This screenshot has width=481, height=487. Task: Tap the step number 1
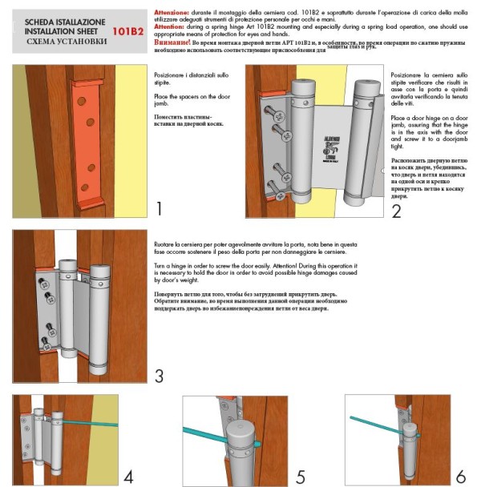[x=159, y=210]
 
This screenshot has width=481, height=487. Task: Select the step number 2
[x=395, y=211]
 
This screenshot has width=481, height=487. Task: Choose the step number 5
[x=300, y=477]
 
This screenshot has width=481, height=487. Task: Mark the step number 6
[x=460, y=477]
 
